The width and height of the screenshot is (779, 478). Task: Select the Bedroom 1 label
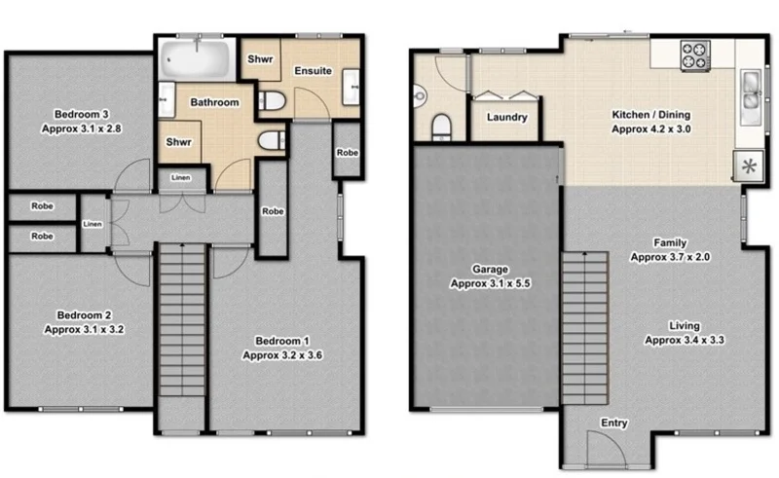pos(281,348)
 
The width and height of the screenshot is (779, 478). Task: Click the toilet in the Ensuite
pos(272,98)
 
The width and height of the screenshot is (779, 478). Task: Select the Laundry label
pos(506,118)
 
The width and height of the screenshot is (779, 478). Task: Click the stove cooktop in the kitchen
pos(695,55)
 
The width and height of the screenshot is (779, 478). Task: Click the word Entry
pos(614,423)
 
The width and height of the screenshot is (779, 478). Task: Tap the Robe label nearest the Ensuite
pos(347,154)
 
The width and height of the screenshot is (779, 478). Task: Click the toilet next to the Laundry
pos(440,125)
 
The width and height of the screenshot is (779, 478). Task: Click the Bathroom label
pos(214,102)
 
